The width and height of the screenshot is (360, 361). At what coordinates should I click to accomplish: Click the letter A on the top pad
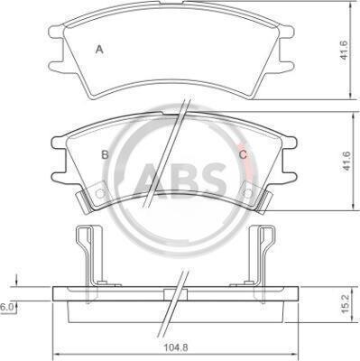[99, 49]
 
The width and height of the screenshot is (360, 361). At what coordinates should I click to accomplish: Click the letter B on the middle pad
[105, 154]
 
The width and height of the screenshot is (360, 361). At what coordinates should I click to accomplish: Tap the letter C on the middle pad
[243, 154]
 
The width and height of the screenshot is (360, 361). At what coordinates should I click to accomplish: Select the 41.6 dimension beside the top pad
[344, 50]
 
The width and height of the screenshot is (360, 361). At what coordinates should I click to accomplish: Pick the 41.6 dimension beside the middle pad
[346, 161]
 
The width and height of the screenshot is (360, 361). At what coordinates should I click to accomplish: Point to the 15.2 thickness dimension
[346, 304]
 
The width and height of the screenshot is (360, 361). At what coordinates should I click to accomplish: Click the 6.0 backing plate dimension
[6, 307]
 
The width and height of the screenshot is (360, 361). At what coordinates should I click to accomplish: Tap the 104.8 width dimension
[176, 347]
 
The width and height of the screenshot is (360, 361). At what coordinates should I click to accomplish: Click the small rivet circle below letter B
[99, 193]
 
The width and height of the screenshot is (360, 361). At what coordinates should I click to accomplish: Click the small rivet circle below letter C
[248, 193]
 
